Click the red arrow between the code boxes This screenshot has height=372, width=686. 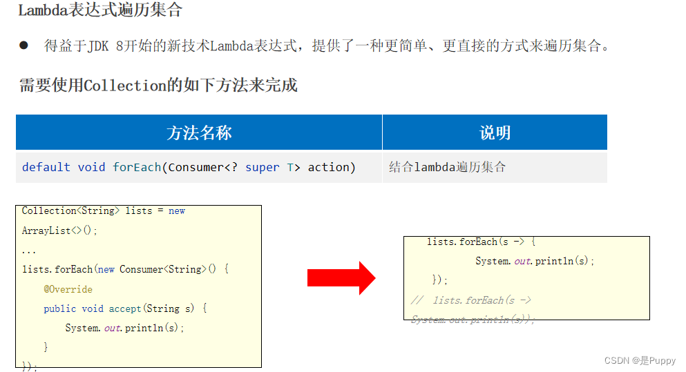point(341,277)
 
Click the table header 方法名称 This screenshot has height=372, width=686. point(199,133)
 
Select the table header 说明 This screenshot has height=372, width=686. point(495,133)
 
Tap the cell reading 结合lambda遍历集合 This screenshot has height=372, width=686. point(447,167)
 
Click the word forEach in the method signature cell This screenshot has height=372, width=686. point(137,167)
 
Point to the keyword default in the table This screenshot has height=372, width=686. point(46,167)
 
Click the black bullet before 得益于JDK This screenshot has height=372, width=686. point(23,46)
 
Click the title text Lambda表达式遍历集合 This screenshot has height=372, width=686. point(100,11)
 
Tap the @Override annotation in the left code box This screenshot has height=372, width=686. point(68,289)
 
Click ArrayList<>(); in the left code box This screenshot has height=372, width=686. point(60,231)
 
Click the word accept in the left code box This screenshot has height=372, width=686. point(125,309)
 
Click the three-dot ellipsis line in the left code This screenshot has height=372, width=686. point(29,250)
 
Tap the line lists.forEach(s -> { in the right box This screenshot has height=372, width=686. point(482,242)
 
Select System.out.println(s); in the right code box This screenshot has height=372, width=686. point(535,261)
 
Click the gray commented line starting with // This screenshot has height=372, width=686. point(471,300)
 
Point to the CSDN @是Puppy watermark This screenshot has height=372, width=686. point(640,361)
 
